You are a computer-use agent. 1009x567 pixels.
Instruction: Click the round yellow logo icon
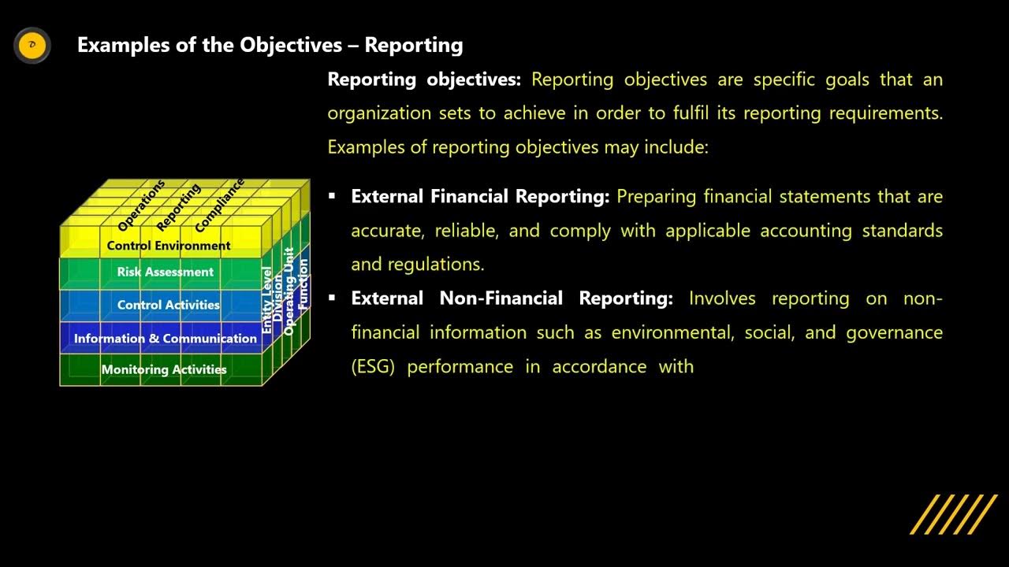click(x=32, y=45)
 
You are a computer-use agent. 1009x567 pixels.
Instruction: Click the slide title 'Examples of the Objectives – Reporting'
click(x=270, y=45)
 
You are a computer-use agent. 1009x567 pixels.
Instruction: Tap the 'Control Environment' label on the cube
click(x=169, y=246)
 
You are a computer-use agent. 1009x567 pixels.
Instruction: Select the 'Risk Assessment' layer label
click(x=166, y=272)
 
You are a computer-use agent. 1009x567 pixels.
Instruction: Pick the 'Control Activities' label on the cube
click(x=169, y=306)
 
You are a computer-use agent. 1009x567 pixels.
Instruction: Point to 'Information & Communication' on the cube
click(x=166, y=339)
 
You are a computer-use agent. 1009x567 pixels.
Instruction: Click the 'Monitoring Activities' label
click(x=164, y=369)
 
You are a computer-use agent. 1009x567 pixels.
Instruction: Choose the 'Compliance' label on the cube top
click(x=220, y=206)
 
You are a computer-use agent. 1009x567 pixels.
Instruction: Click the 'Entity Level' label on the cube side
click(x=267, y=299)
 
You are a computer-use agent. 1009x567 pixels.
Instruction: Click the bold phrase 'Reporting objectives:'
click(x=424, y=80)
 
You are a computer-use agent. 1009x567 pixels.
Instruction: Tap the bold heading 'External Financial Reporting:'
click(x=480, y=197)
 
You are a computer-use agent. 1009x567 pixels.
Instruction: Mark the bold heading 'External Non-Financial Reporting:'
click(x=512, y=298)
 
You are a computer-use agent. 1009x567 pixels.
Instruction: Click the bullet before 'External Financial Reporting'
click(x=333, y=196)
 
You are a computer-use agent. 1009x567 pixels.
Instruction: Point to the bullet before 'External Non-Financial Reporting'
click(x=333, y=298)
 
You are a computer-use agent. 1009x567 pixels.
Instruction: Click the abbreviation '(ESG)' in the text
click(x=372, y=367)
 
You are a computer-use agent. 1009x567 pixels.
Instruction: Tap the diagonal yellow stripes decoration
click(x=954, y=514)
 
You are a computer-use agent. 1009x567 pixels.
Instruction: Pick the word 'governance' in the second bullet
click(x=894, y=333)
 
